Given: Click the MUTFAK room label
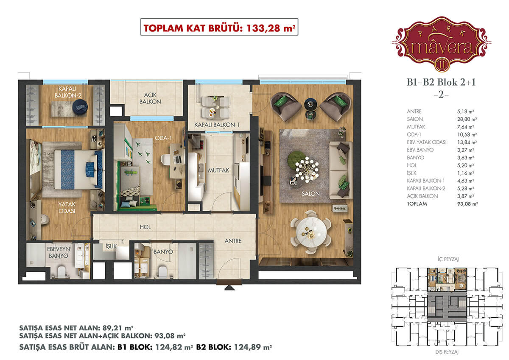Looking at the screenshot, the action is point(218,170).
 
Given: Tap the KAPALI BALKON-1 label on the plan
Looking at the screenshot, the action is point(217,125).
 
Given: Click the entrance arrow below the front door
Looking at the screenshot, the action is point(229,288).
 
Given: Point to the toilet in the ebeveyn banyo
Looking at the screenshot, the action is point(62,272).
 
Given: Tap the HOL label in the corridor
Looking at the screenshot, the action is point(145,227).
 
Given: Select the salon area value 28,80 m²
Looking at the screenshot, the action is point(467,119).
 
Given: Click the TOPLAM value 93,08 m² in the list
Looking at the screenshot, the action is point(467,204).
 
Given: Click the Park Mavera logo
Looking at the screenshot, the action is point(441,44).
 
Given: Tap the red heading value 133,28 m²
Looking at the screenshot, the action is point(271,28).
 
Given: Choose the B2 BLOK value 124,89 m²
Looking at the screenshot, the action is point(253,347).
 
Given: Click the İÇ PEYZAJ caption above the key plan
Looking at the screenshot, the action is point(448,259).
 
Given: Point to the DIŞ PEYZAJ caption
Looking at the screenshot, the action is point(447,352).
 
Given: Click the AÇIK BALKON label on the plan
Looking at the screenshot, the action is point(150,98).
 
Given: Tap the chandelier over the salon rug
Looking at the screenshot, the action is point(307,169).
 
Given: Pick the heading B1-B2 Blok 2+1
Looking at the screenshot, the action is point(441,82).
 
